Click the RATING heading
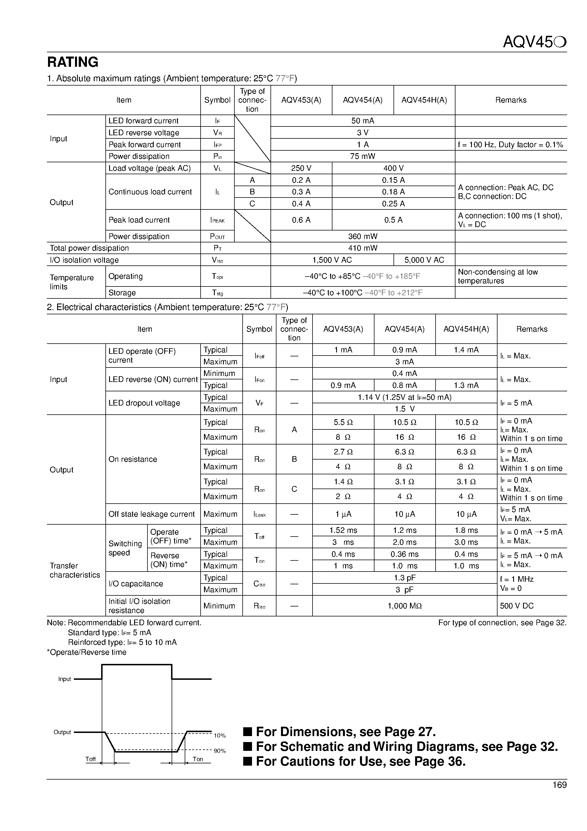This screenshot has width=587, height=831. click(x=73, y=62)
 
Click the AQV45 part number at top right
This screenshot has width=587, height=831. click(x=534, y=43)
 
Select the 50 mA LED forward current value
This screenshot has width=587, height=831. click(x=363, y=121)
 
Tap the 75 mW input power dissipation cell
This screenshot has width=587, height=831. click(x=363, y=156)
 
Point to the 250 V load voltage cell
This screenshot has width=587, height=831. click(x=301, y=168)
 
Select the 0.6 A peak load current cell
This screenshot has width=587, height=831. click(x=301, y=220)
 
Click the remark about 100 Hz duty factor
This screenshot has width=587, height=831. click(x=510, y=145)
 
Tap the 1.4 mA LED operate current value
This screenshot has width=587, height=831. click(x=466, y=350)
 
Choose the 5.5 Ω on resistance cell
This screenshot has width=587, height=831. click(x=343, y=422)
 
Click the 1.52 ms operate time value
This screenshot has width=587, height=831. click(x=343, y=531)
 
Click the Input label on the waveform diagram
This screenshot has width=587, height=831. click(x=65, y=679)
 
